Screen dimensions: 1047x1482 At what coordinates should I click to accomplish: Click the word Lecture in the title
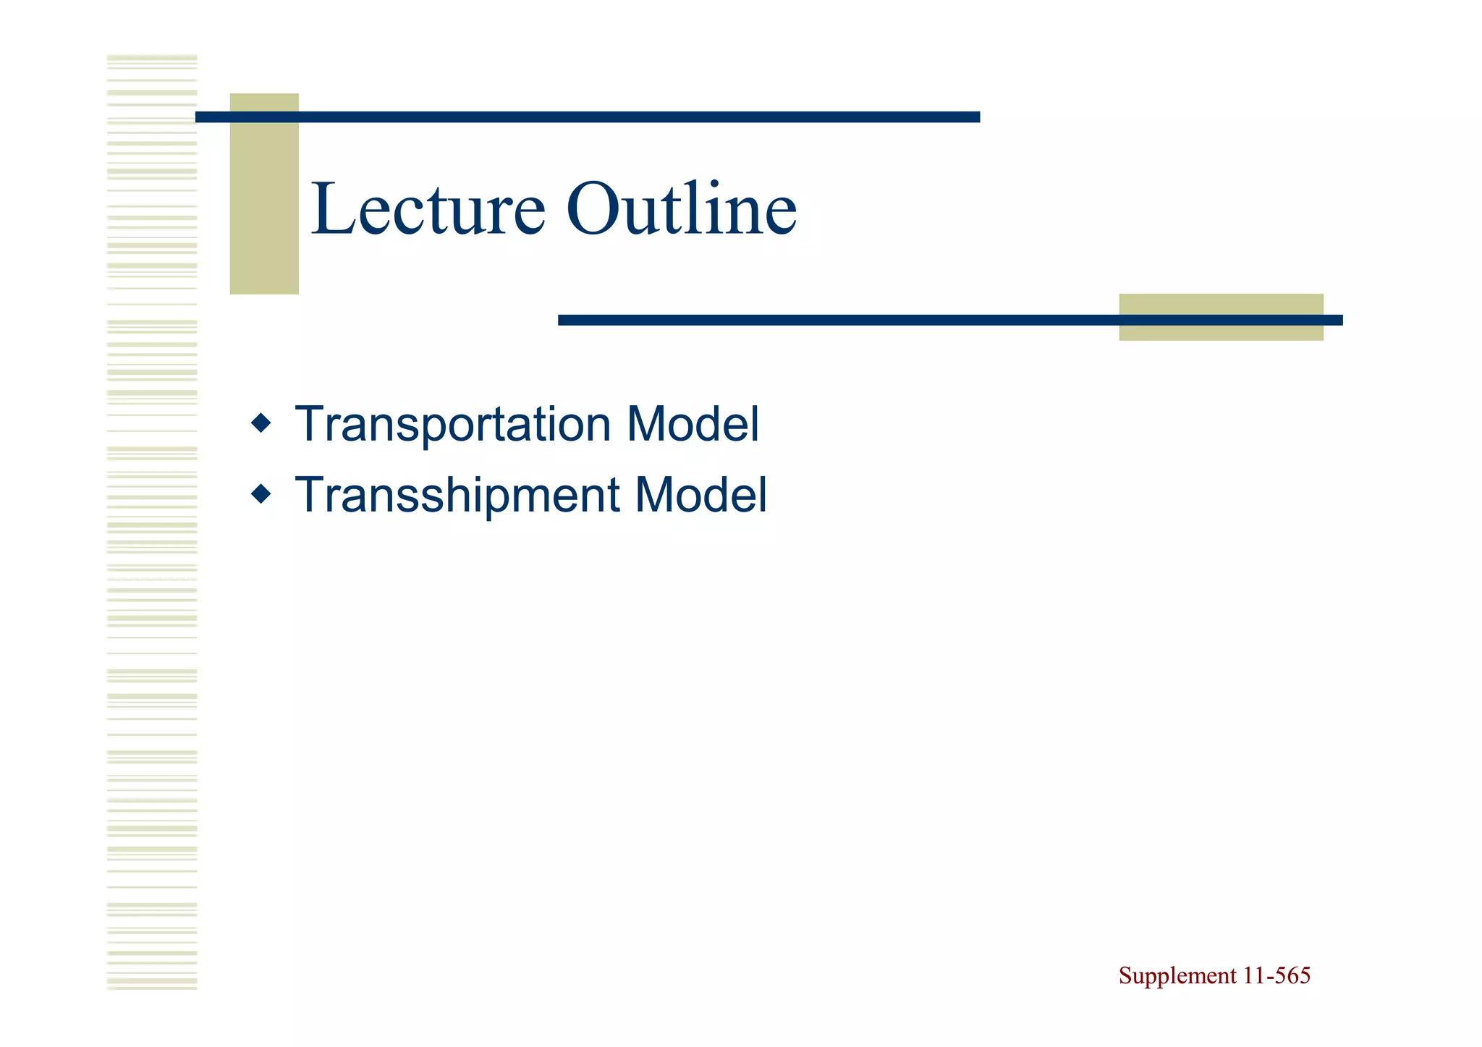[428, 210]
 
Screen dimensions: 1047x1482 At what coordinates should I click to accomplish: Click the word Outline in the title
[681, 210]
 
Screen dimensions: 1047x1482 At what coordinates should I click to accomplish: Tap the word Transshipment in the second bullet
[457, 496]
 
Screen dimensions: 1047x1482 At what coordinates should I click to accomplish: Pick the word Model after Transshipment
[700, 496]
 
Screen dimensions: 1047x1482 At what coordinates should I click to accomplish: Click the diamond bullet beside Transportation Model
[261, 423]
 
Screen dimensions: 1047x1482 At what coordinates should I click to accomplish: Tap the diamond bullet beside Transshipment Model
[261, 494]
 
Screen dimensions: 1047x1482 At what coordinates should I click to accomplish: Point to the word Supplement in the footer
[1177, 976]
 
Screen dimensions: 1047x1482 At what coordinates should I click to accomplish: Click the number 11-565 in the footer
[1276, 976]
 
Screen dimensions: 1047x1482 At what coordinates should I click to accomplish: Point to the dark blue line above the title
[588, 117]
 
